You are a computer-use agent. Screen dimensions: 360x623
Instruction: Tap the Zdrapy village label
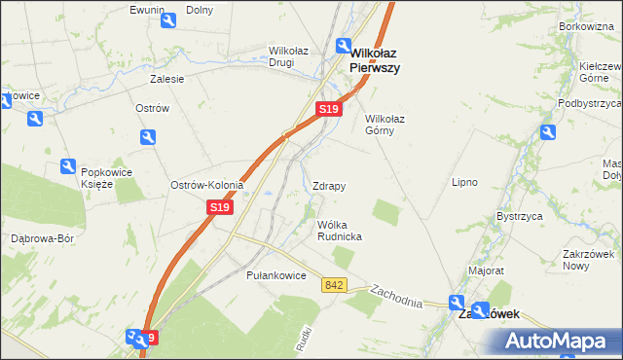[x=329, y=185]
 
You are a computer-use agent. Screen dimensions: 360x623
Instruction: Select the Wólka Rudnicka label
[x=340, y=230]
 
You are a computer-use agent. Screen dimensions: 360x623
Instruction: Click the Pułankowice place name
[x=276, y=276]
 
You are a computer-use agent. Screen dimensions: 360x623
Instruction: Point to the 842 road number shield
[x=335, y=284]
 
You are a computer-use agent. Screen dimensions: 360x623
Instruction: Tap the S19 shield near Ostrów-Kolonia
[x=220, y=207]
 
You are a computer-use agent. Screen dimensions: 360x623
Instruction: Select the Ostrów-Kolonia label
[x=206, y=185]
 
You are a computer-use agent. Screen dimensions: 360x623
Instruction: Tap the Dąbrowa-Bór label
[x=42, y=237]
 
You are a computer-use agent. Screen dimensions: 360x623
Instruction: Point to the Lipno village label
[x=463, y=182]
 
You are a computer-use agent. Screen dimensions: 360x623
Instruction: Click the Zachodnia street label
[x=396, y=296]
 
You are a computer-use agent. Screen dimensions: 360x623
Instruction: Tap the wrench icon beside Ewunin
[x=168, y=20]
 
